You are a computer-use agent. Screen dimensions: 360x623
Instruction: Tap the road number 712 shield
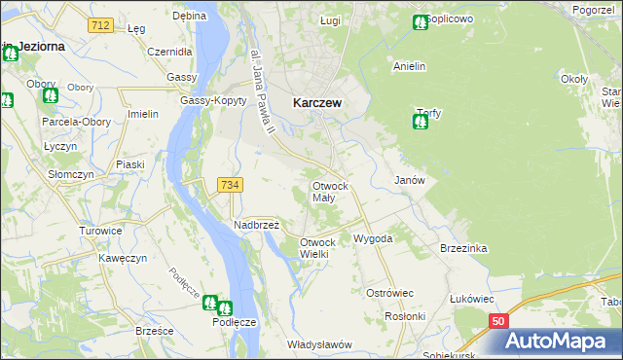tap(97, 24)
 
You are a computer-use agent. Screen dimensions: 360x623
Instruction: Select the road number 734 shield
tap(231, 185)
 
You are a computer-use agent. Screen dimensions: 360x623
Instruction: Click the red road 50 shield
tap(497, 320)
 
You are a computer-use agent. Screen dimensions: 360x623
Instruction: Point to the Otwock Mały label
tap(336, 191)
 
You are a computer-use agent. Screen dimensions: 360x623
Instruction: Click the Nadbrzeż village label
tap(257, 225)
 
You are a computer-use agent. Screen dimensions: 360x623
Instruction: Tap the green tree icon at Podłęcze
tap(211, 304)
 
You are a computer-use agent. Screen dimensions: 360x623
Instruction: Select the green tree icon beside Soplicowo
tap(420, 21)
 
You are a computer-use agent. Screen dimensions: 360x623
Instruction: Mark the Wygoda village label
tap(373, 238)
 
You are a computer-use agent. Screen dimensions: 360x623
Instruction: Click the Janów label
tap(409, 181)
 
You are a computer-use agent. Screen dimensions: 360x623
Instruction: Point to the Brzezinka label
tap(462, 248)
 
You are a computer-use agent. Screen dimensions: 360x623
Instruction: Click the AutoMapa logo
tap(562, 341)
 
